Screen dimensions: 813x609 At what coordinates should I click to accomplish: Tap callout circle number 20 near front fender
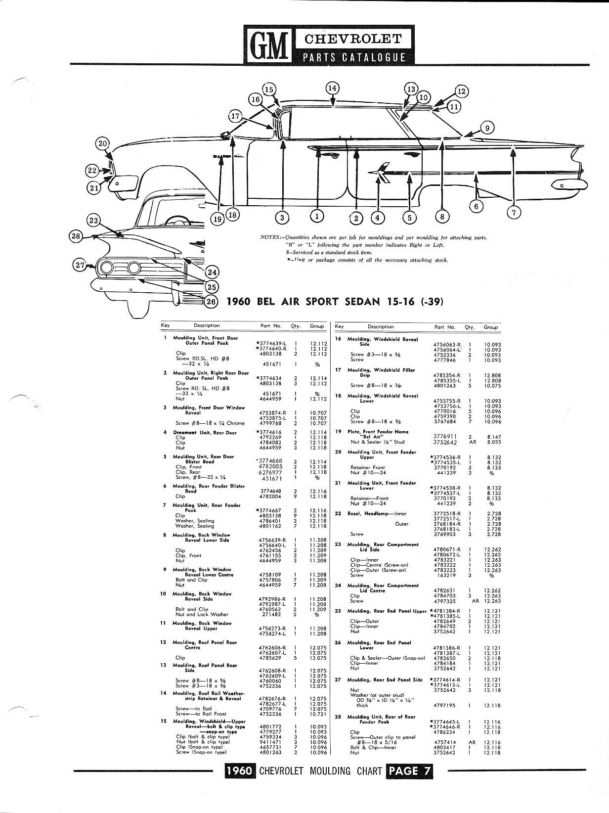(102, 144)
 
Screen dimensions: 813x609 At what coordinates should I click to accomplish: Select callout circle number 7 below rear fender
(514, 213)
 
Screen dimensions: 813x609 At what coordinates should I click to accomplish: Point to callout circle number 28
(75, 236)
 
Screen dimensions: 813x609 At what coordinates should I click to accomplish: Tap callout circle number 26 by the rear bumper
(211, 302)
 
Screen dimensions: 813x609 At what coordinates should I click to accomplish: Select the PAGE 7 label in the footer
(410, 770)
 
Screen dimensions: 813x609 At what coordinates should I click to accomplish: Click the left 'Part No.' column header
(270, 326)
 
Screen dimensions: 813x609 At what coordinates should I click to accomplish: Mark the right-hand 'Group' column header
(490, 327)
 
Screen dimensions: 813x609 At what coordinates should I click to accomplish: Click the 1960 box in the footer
(240, 770)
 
